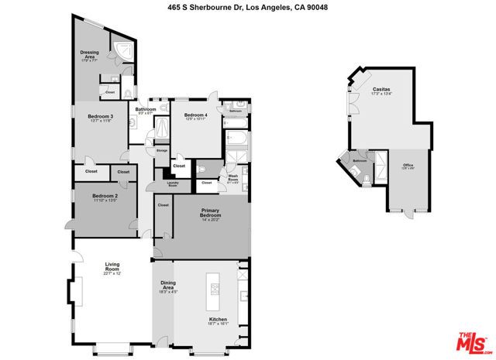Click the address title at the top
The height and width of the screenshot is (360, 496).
pos(247,6)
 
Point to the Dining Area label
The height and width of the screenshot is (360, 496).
pos(167,286)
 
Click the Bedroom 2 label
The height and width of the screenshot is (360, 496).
pos(103,198)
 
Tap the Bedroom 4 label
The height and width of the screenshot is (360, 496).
pos(197,117)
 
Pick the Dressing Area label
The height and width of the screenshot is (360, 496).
pos(90,55)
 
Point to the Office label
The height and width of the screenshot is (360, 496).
pos(408,166)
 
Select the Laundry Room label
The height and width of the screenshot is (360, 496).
pos(173,184)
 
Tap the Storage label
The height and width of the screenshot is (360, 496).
pos(162,150)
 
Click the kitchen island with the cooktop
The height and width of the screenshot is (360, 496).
pos(215,290)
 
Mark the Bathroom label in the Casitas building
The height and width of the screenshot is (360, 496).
pos(359,161)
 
